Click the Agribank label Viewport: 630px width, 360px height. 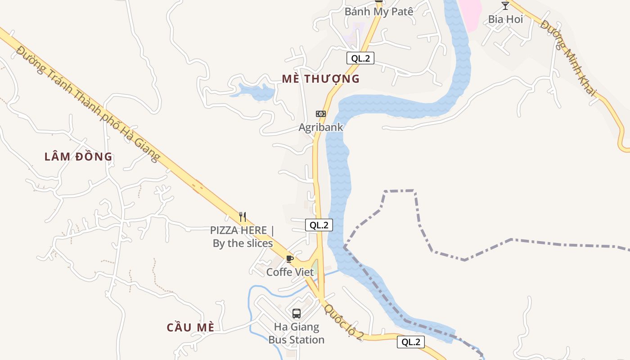321,127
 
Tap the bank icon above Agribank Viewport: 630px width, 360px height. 321,114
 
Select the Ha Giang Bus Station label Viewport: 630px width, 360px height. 297,333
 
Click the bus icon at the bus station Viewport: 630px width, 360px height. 296,313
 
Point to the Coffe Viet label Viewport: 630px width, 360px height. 290,272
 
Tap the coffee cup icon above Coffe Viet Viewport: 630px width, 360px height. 290,259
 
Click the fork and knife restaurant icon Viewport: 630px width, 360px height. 243,217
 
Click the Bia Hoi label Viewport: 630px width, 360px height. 505,19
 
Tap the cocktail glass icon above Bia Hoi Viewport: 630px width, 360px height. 505,6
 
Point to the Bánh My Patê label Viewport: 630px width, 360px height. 379,12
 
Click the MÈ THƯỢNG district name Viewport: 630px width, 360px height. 321,79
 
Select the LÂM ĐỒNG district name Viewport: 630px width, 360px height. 78,157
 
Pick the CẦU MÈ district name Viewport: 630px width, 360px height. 190,327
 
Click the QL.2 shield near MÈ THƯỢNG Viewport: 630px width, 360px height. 360,58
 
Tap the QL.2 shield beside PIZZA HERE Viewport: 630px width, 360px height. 319,225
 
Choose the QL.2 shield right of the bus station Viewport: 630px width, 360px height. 411,342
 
